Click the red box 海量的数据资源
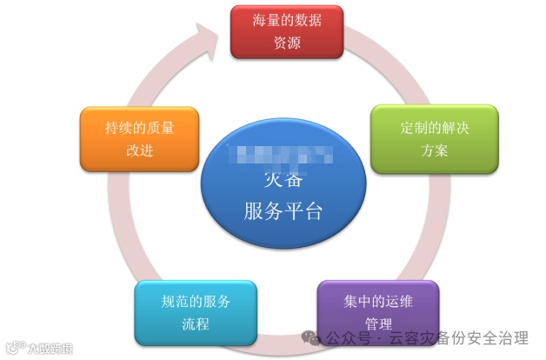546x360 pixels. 286,32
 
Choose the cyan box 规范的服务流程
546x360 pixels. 196,313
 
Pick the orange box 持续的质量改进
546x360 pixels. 139,139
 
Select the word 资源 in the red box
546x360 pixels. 286,43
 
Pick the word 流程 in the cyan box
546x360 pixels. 196,324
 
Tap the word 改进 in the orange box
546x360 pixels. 139,150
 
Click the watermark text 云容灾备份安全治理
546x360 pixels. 460,337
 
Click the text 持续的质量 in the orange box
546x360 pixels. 139,128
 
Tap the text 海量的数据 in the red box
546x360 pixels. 286,21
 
